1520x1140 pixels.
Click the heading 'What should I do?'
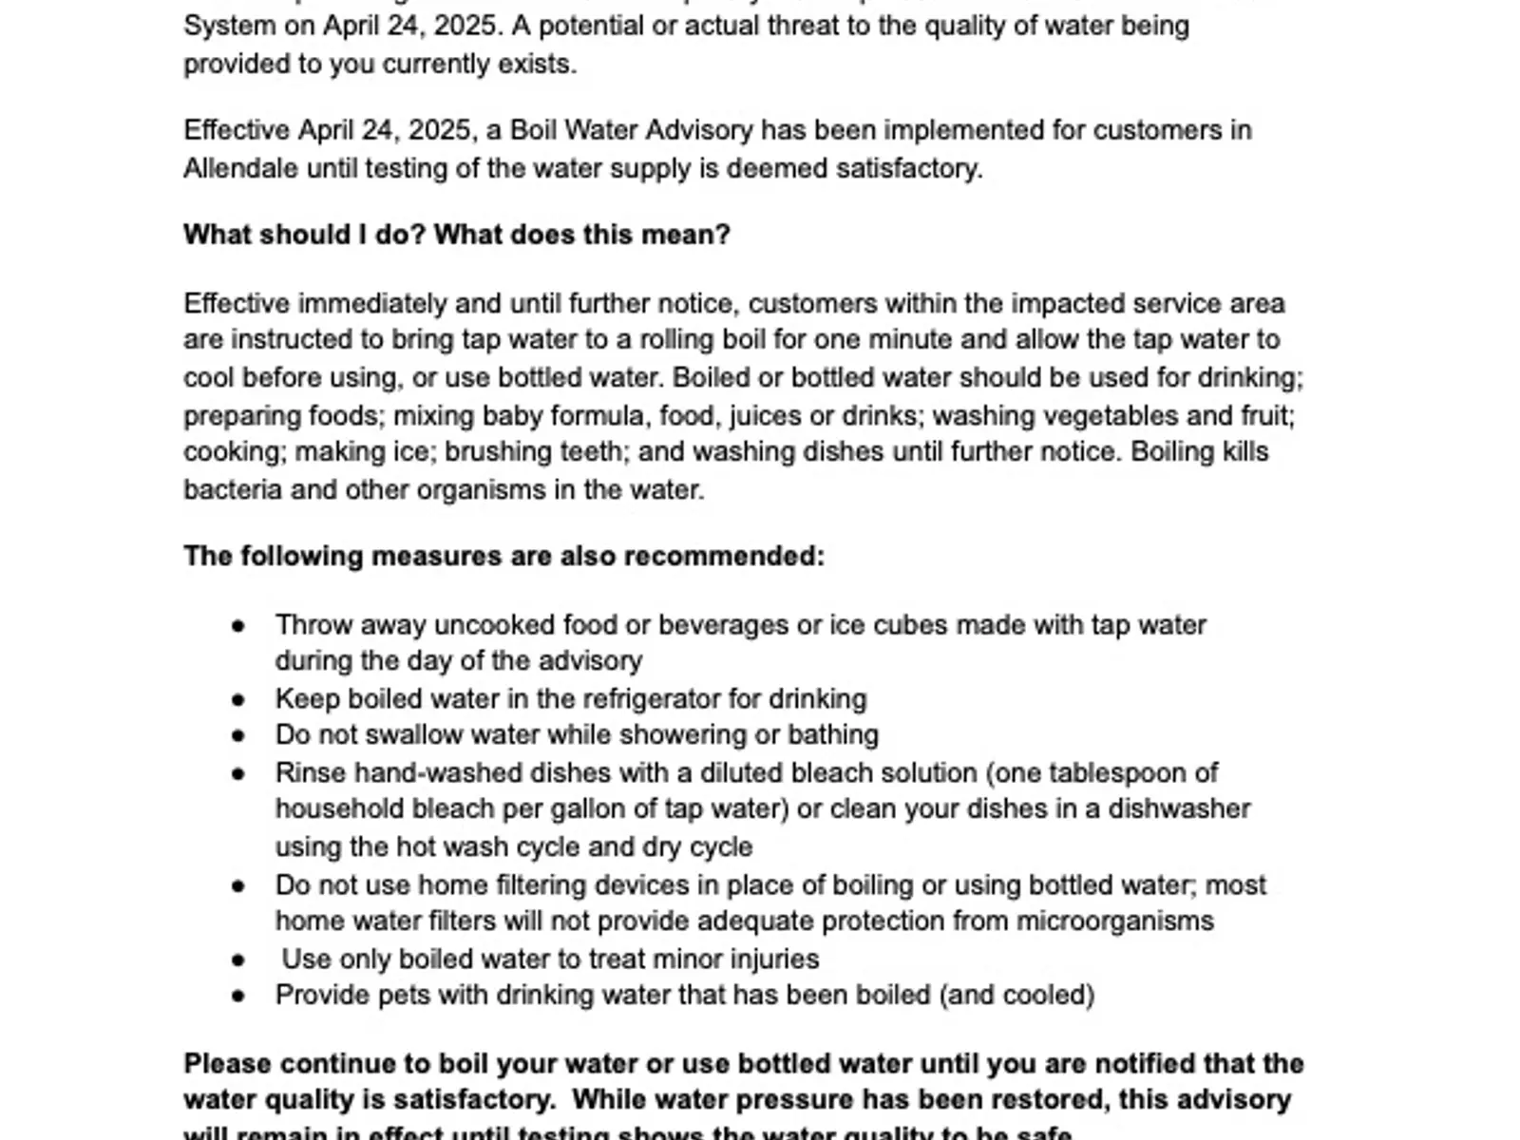pos(456,235)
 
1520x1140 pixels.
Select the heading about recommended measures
pos(503,556)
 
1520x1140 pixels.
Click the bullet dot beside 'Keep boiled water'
pos(238,700)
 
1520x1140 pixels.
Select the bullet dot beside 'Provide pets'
pos(238,997)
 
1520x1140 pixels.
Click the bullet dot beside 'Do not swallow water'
pos(238,736)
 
